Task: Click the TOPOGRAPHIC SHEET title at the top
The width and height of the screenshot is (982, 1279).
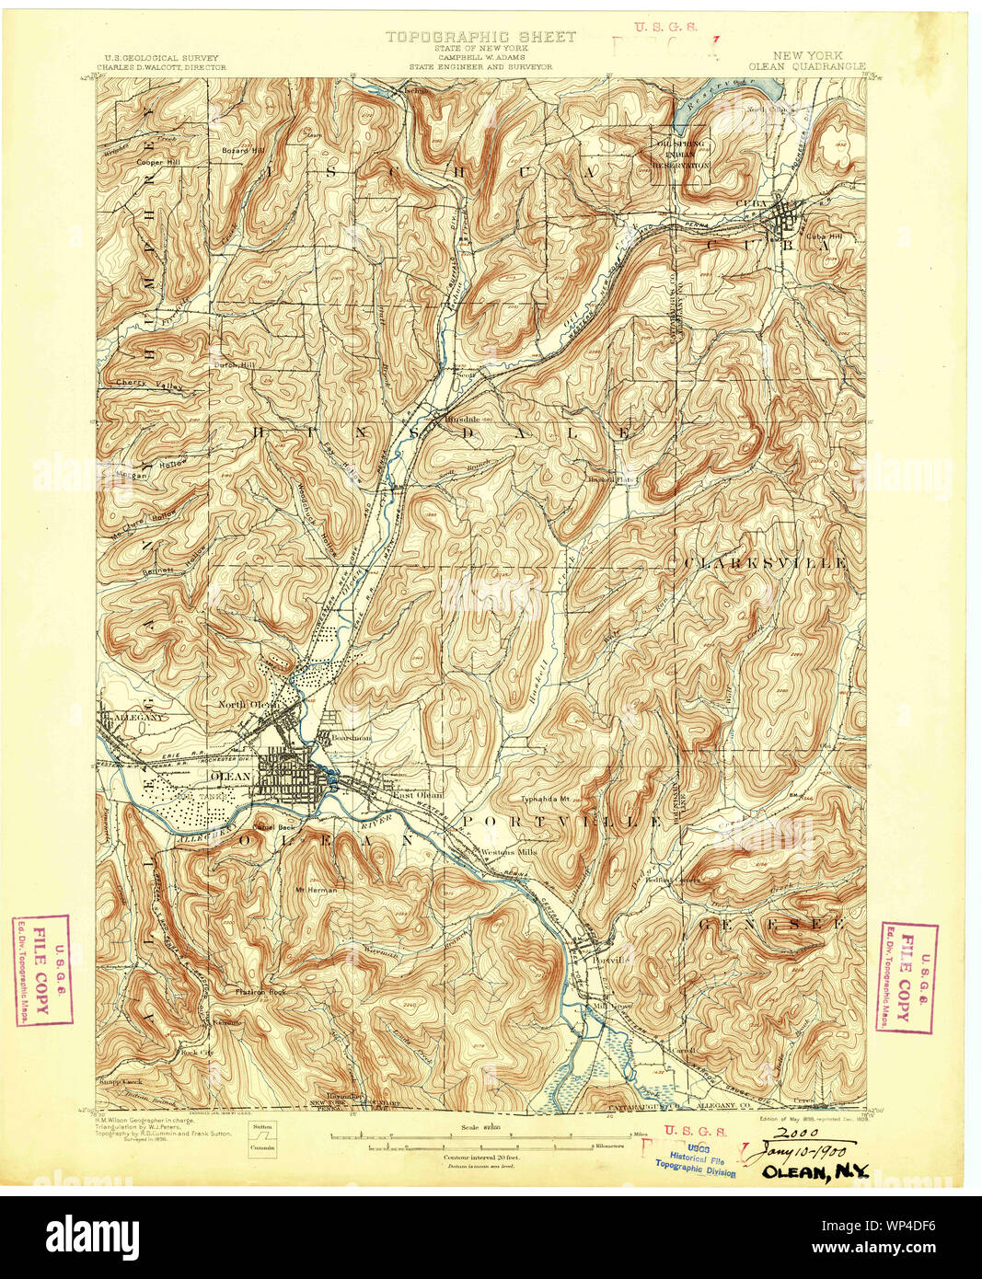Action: [x=480, y=37]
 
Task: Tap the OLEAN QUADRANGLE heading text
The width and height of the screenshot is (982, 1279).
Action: [x=807, y=66]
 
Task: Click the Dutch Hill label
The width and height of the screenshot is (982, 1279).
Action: [x=233, y=364]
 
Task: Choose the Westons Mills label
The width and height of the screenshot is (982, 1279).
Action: [x=508, y=852]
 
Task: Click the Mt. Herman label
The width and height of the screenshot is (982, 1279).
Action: [x=316, y=890]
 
